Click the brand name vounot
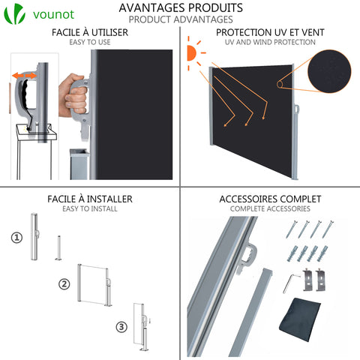tap(55, 15)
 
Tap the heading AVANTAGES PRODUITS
tap(180, 7)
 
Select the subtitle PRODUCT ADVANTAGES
tap(180, 19)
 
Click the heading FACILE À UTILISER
tap(89, 33)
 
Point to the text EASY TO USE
tap(89, 43)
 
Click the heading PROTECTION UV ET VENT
tap(270, 33)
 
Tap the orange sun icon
tap(192, 55)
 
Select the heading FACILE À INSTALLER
tap(89, 199)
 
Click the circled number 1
tap(16, 238)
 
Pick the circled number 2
tap(64, 284)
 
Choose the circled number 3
tap(121, 326)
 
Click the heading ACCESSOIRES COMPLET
tap(270, 199)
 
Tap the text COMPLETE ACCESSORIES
tap(270, 208)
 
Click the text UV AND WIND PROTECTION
tap(270, 43)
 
